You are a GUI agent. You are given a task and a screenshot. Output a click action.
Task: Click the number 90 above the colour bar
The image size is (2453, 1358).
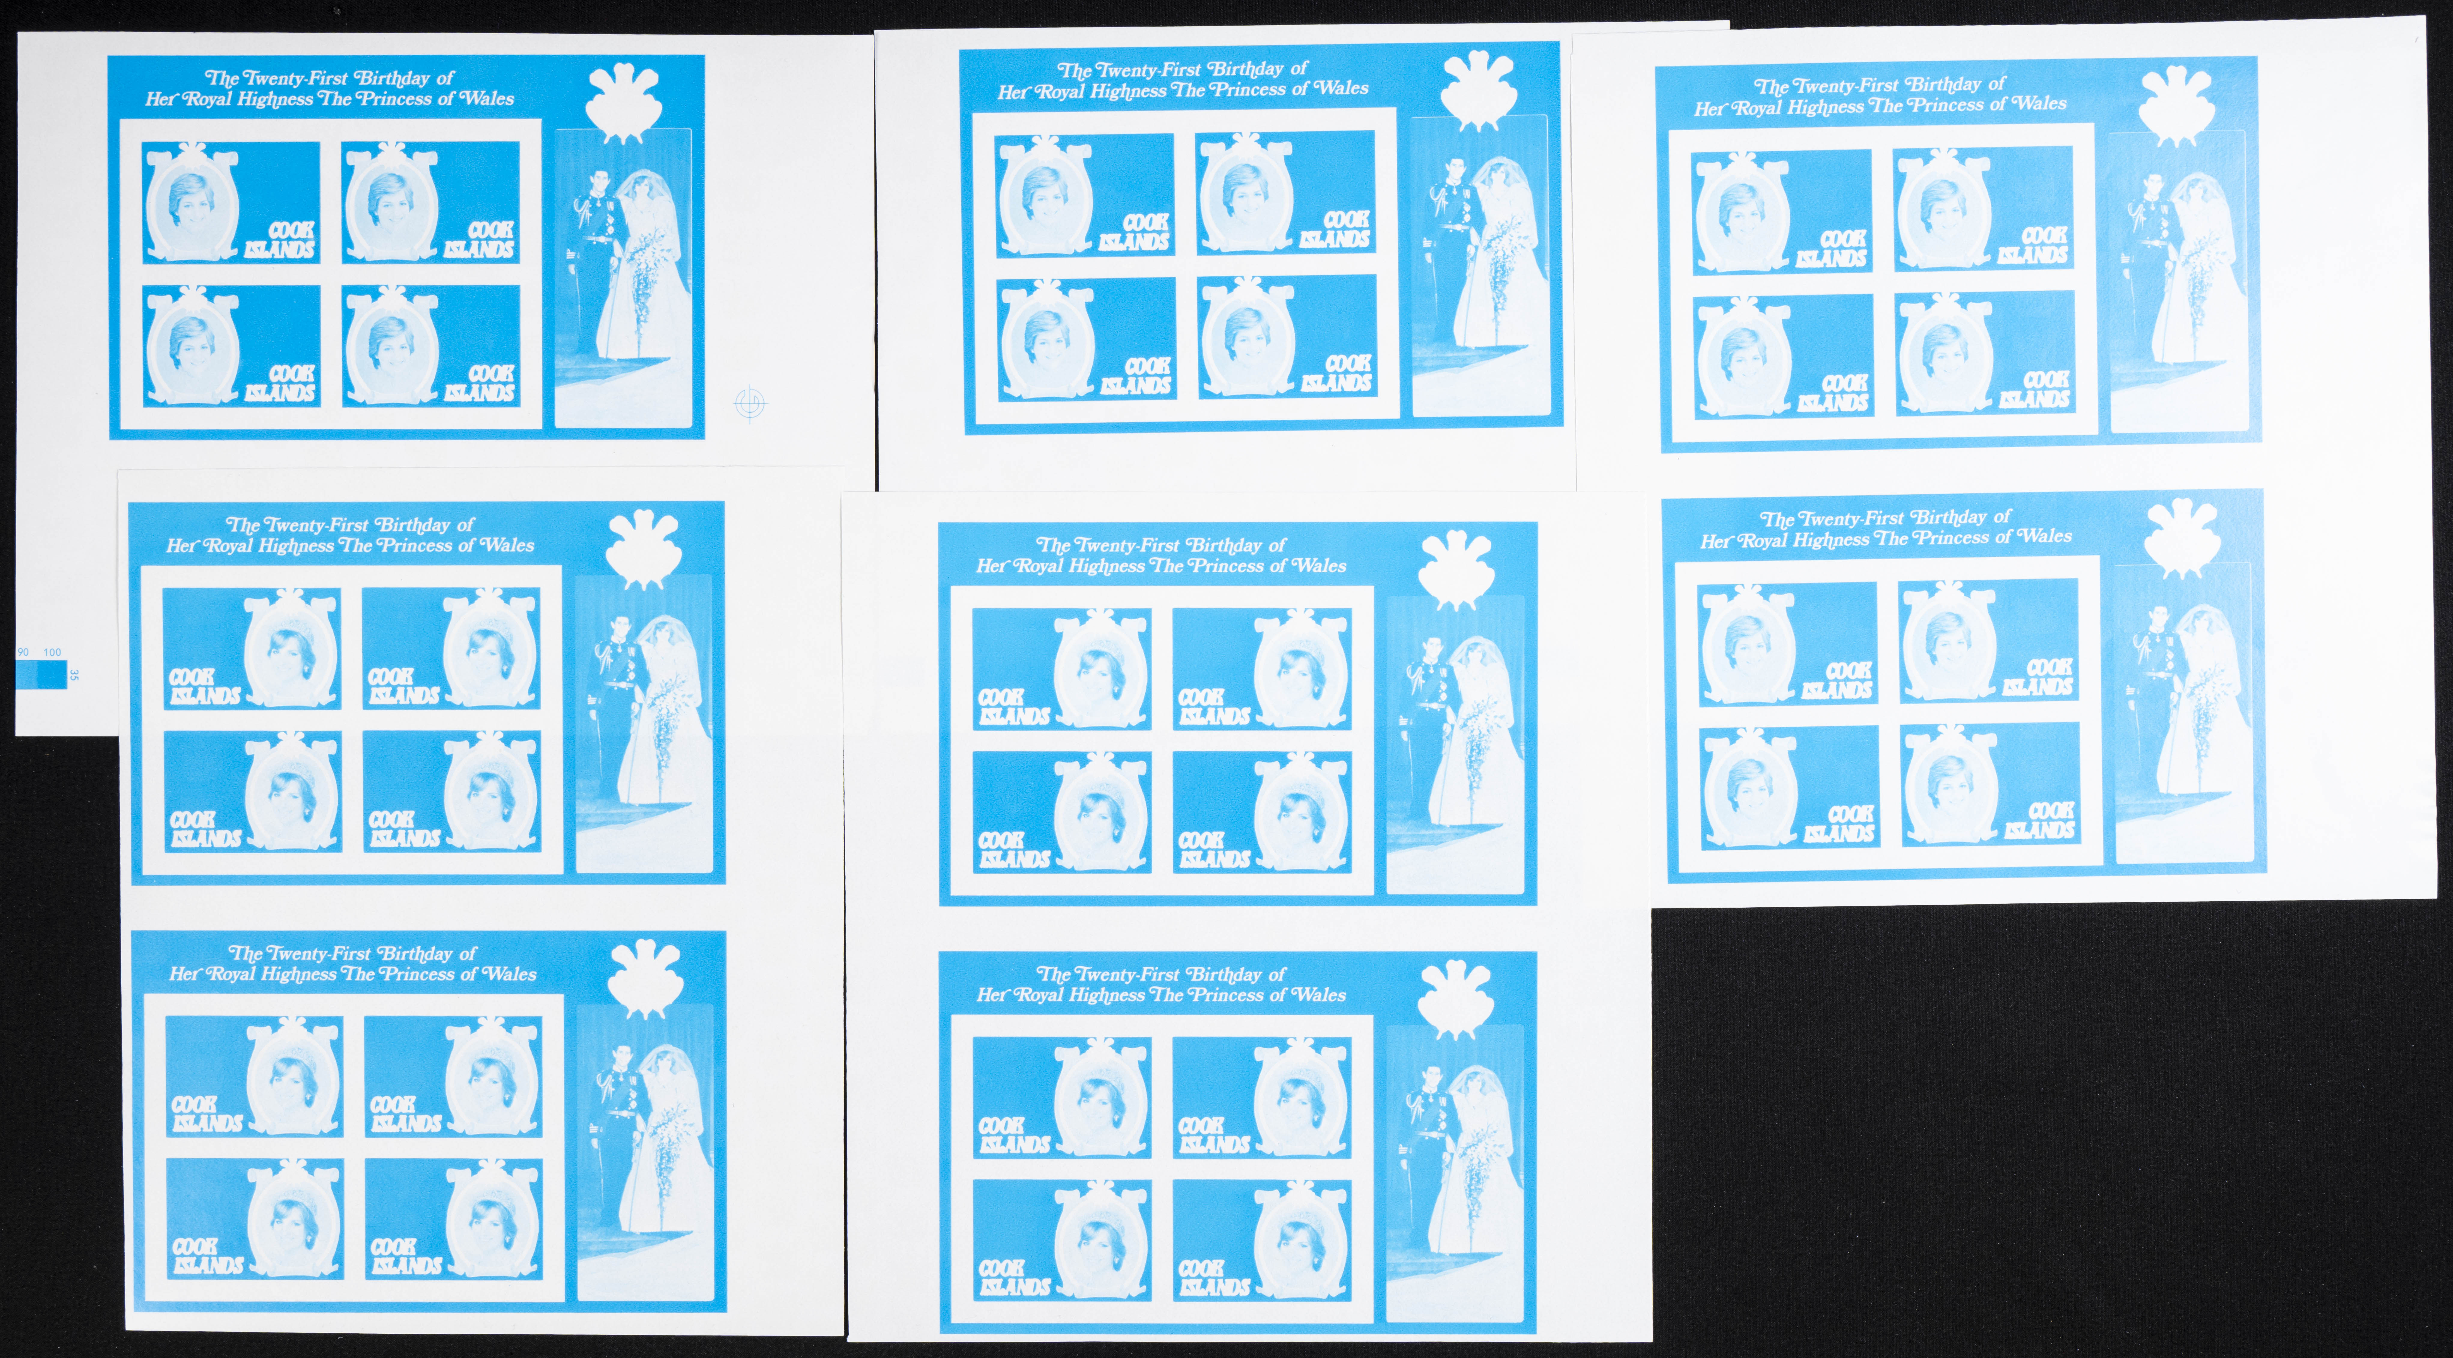23,652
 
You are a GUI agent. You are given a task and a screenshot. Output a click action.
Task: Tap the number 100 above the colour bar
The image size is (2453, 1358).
52,652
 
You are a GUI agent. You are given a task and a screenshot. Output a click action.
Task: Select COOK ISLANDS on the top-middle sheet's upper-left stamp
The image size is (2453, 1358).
1134,231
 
